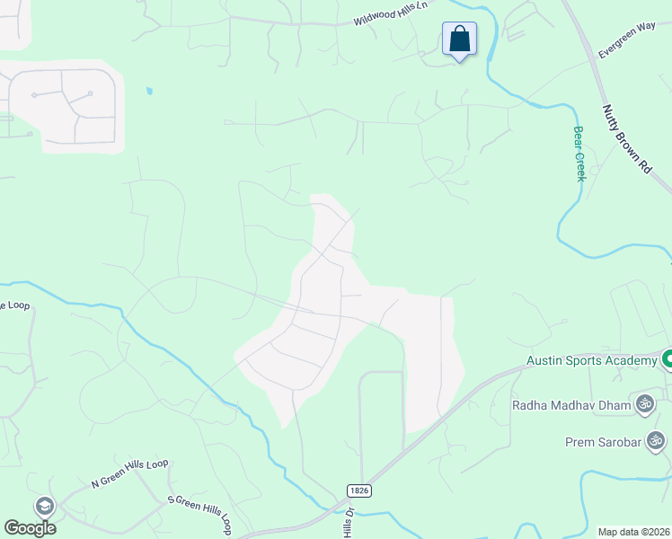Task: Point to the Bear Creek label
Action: (579, 154)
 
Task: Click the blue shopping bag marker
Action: (459, 40)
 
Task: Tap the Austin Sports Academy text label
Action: (592, 361)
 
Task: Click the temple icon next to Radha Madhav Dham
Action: (644, 404)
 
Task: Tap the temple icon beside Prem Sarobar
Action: (656, 441)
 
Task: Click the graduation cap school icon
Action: (44, 507)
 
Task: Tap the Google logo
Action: (30, 527)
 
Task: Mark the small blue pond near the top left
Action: (148, 91)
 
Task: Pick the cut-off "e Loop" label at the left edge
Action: (14, 305)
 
